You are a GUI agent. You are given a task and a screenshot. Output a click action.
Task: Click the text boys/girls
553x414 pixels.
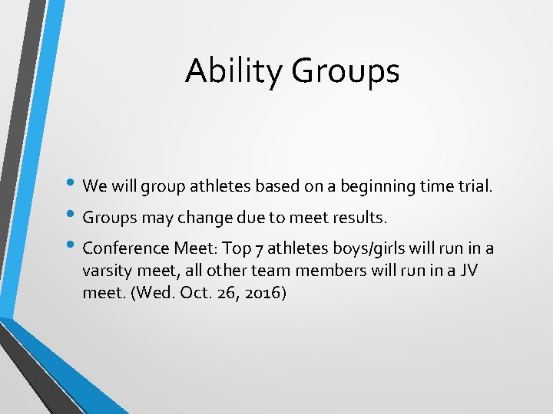tap(357, 249)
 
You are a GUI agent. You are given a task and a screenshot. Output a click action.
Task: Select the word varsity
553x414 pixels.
tap(107, 271)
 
